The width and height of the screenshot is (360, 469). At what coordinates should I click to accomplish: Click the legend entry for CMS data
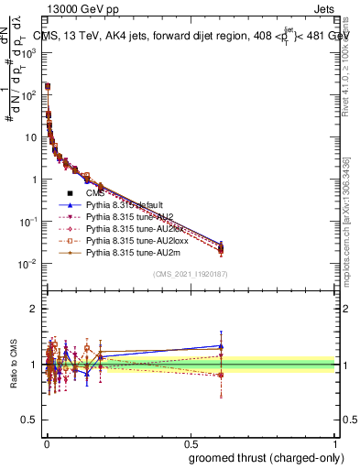click(x=94, y=193)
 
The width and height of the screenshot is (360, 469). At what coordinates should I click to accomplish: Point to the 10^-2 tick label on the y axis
click(x=28, y=265)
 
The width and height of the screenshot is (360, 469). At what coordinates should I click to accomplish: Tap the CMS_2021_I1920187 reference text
click(x=191, y=274)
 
